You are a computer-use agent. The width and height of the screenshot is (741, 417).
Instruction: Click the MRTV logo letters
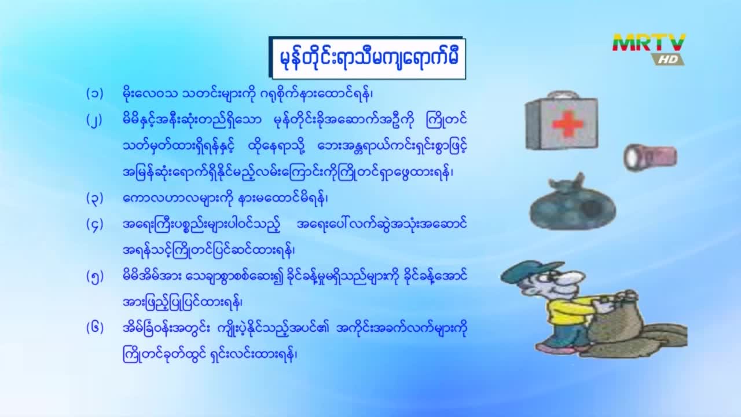(x=649, y=43)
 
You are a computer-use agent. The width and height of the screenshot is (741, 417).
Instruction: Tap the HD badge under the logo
(x=668, y=60)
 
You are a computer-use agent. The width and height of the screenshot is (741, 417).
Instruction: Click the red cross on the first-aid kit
(x=568, y=124)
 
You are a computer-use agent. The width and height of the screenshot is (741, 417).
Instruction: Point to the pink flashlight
(x=650, y=157)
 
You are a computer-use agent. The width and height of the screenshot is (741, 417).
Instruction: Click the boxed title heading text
(x=369, y=58)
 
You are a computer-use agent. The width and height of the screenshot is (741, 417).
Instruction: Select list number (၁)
(x=95, y=94)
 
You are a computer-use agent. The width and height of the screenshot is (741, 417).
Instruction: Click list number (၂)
(x=94, y=120)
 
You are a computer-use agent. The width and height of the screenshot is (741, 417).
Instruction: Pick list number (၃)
(x=95, y=199)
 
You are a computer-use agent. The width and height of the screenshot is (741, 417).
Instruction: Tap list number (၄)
(x=95, y=225)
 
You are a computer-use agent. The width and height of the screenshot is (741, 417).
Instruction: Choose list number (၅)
(x=95, y=277)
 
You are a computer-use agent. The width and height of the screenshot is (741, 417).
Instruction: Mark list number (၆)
(x=95, y=328)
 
